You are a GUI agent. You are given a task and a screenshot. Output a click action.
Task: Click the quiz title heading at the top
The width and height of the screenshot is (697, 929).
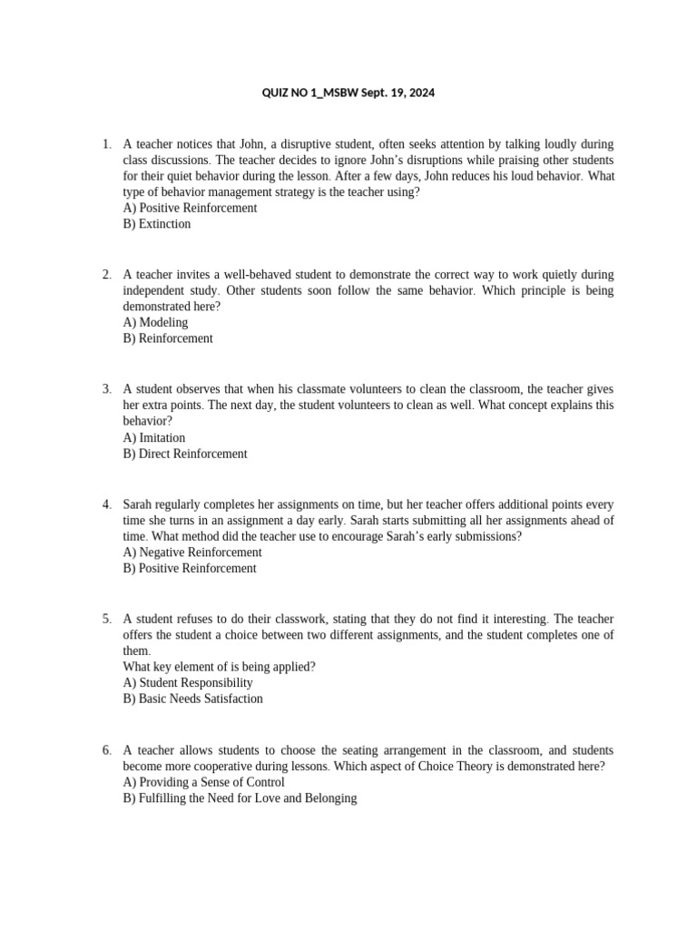click(x=348, y=93)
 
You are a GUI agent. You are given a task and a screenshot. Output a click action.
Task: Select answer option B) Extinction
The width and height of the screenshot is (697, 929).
click(x=157, y=224)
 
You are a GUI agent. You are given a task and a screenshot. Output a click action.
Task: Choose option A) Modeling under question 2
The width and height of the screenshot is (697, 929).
click(x=155, y=322)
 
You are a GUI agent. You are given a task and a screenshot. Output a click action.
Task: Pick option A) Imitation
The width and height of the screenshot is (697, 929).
click(x=154, y=437)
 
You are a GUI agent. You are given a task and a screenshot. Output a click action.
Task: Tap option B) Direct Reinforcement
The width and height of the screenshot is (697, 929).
click(x=185, y=454)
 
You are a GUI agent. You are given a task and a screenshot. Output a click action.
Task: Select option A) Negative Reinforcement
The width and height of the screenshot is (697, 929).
click(x=192, y=552)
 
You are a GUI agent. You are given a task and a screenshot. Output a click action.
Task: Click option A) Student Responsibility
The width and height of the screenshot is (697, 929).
click(x=188, y=682)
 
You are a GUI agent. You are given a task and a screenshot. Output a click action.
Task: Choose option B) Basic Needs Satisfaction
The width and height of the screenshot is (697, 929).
click(x=193, y=699)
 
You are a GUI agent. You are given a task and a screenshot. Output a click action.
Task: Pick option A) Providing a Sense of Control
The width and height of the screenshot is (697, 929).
click(x=204, y=782)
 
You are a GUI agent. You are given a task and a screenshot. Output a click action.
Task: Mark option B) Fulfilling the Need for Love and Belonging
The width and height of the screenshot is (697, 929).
click(x=241, y=798)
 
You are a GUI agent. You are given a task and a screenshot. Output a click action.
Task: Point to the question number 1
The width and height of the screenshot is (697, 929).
click(x=106, y=144)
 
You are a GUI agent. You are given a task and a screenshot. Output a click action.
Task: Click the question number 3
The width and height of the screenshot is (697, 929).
click(x=106, y=389)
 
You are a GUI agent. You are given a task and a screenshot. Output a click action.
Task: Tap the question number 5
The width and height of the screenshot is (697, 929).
click(x=106, y=619)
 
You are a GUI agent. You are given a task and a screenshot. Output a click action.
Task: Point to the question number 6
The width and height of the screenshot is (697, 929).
click(x=106, y=750)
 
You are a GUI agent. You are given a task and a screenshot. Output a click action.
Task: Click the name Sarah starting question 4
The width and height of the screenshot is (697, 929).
click(x=138, y=504)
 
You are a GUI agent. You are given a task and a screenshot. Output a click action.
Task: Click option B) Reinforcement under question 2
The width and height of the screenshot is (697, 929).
click(x=168, y=338)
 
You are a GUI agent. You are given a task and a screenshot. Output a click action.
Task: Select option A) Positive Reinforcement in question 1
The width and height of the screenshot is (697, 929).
click(x=190, y=208)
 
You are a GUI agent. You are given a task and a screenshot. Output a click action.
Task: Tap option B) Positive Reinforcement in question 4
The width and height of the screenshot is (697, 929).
click(x=190, y=568)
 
